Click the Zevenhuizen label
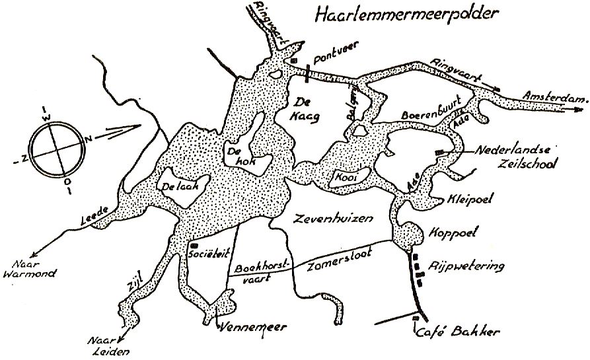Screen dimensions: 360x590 322,217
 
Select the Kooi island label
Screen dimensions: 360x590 341,180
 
